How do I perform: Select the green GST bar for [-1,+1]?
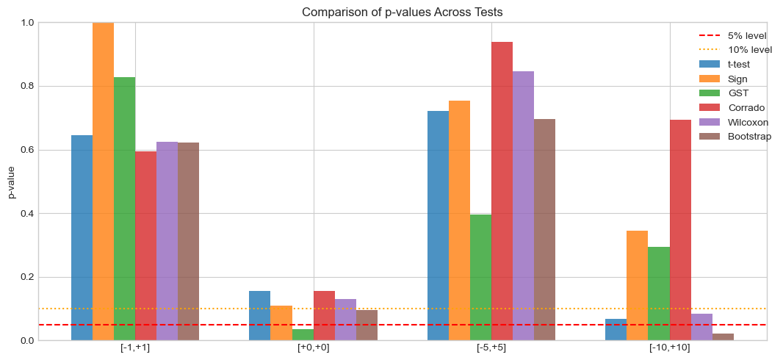tap(124, 209)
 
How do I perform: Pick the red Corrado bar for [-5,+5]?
tap(502, 191)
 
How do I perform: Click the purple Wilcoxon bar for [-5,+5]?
tap(523, 206)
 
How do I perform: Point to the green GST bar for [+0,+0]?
tap(303, 335)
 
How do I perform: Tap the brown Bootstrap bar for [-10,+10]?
tap(723, 337)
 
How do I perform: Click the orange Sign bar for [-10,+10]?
tap(637, 286)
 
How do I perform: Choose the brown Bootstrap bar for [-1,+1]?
tap(188, 242)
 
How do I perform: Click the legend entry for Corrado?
tap(744, 108)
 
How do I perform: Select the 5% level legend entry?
tap(744, 35)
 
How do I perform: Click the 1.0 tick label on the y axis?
tap(26, 23)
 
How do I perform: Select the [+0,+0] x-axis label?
tap(314, 348)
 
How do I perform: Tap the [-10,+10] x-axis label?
tap(669, 348)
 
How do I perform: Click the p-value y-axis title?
tap(11, 181)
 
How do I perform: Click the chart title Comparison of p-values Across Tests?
tap(403, 12)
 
